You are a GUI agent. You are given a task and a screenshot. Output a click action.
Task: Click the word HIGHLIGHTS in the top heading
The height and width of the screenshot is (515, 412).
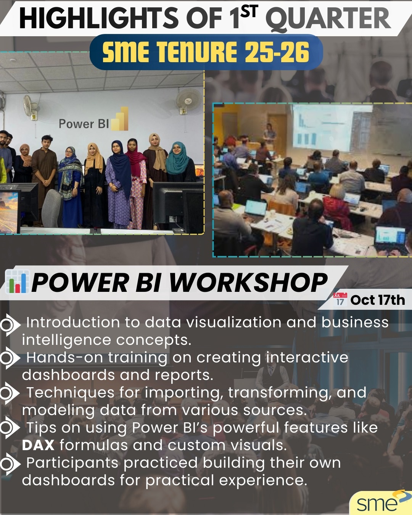[99, 18]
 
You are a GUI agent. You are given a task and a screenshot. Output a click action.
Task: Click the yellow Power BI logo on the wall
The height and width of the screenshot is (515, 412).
[120, 119]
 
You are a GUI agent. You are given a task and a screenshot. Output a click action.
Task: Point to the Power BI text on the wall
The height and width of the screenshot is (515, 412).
[84, 124]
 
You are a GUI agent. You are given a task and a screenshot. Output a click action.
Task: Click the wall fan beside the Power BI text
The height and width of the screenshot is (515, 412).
[31, 107]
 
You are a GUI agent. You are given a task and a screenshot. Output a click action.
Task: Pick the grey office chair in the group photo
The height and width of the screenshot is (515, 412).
[52, 208]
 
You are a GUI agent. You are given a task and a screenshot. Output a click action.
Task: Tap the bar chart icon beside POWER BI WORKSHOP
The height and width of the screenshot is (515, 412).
[17, 282]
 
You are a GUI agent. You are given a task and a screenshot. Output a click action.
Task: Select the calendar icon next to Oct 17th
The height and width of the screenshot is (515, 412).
[340, 299]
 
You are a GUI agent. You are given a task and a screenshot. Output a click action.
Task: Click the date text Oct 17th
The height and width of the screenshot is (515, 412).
[378, 300]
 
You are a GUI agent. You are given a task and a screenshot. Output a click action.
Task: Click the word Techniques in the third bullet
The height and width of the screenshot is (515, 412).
[70, 393]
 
